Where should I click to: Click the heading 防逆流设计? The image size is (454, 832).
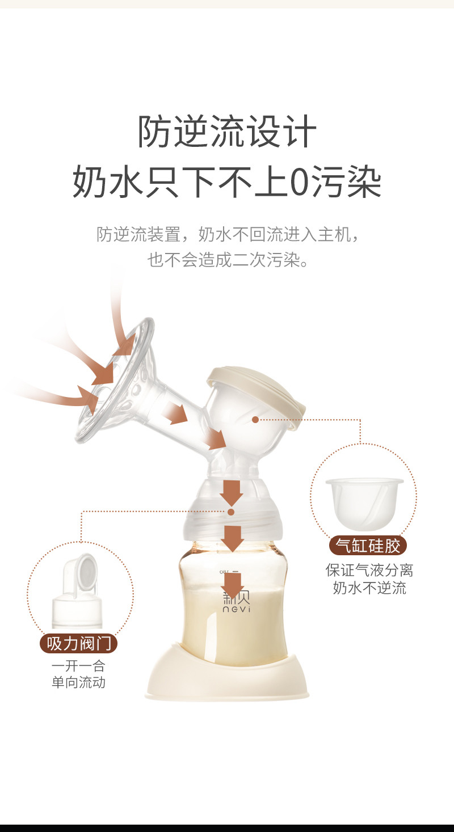[227, 131]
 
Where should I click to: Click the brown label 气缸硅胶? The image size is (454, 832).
[368, 546]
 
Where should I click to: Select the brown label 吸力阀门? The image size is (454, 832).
[78, 643]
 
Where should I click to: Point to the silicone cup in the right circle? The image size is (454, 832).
[364, 504]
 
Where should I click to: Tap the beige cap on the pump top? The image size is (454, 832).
[257, 396]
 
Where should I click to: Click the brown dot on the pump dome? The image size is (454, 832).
[255, 419]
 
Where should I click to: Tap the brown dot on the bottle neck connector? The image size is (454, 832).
[231, 512]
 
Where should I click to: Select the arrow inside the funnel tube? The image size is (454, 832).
[175, 412]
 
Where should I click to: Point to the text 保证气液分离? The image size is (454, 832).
[369, 570]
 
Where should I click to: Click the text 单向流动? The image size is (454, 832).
[78, 682]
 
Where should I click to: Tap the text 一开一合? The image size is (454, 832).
[78, 666]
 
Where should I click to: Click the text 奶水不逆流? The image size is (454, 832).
[369, 588]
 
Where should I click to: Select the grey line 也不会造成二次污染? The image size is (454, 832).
[228, 260]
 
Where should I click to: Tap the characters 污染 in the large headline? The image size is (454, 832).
[347, 182]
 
